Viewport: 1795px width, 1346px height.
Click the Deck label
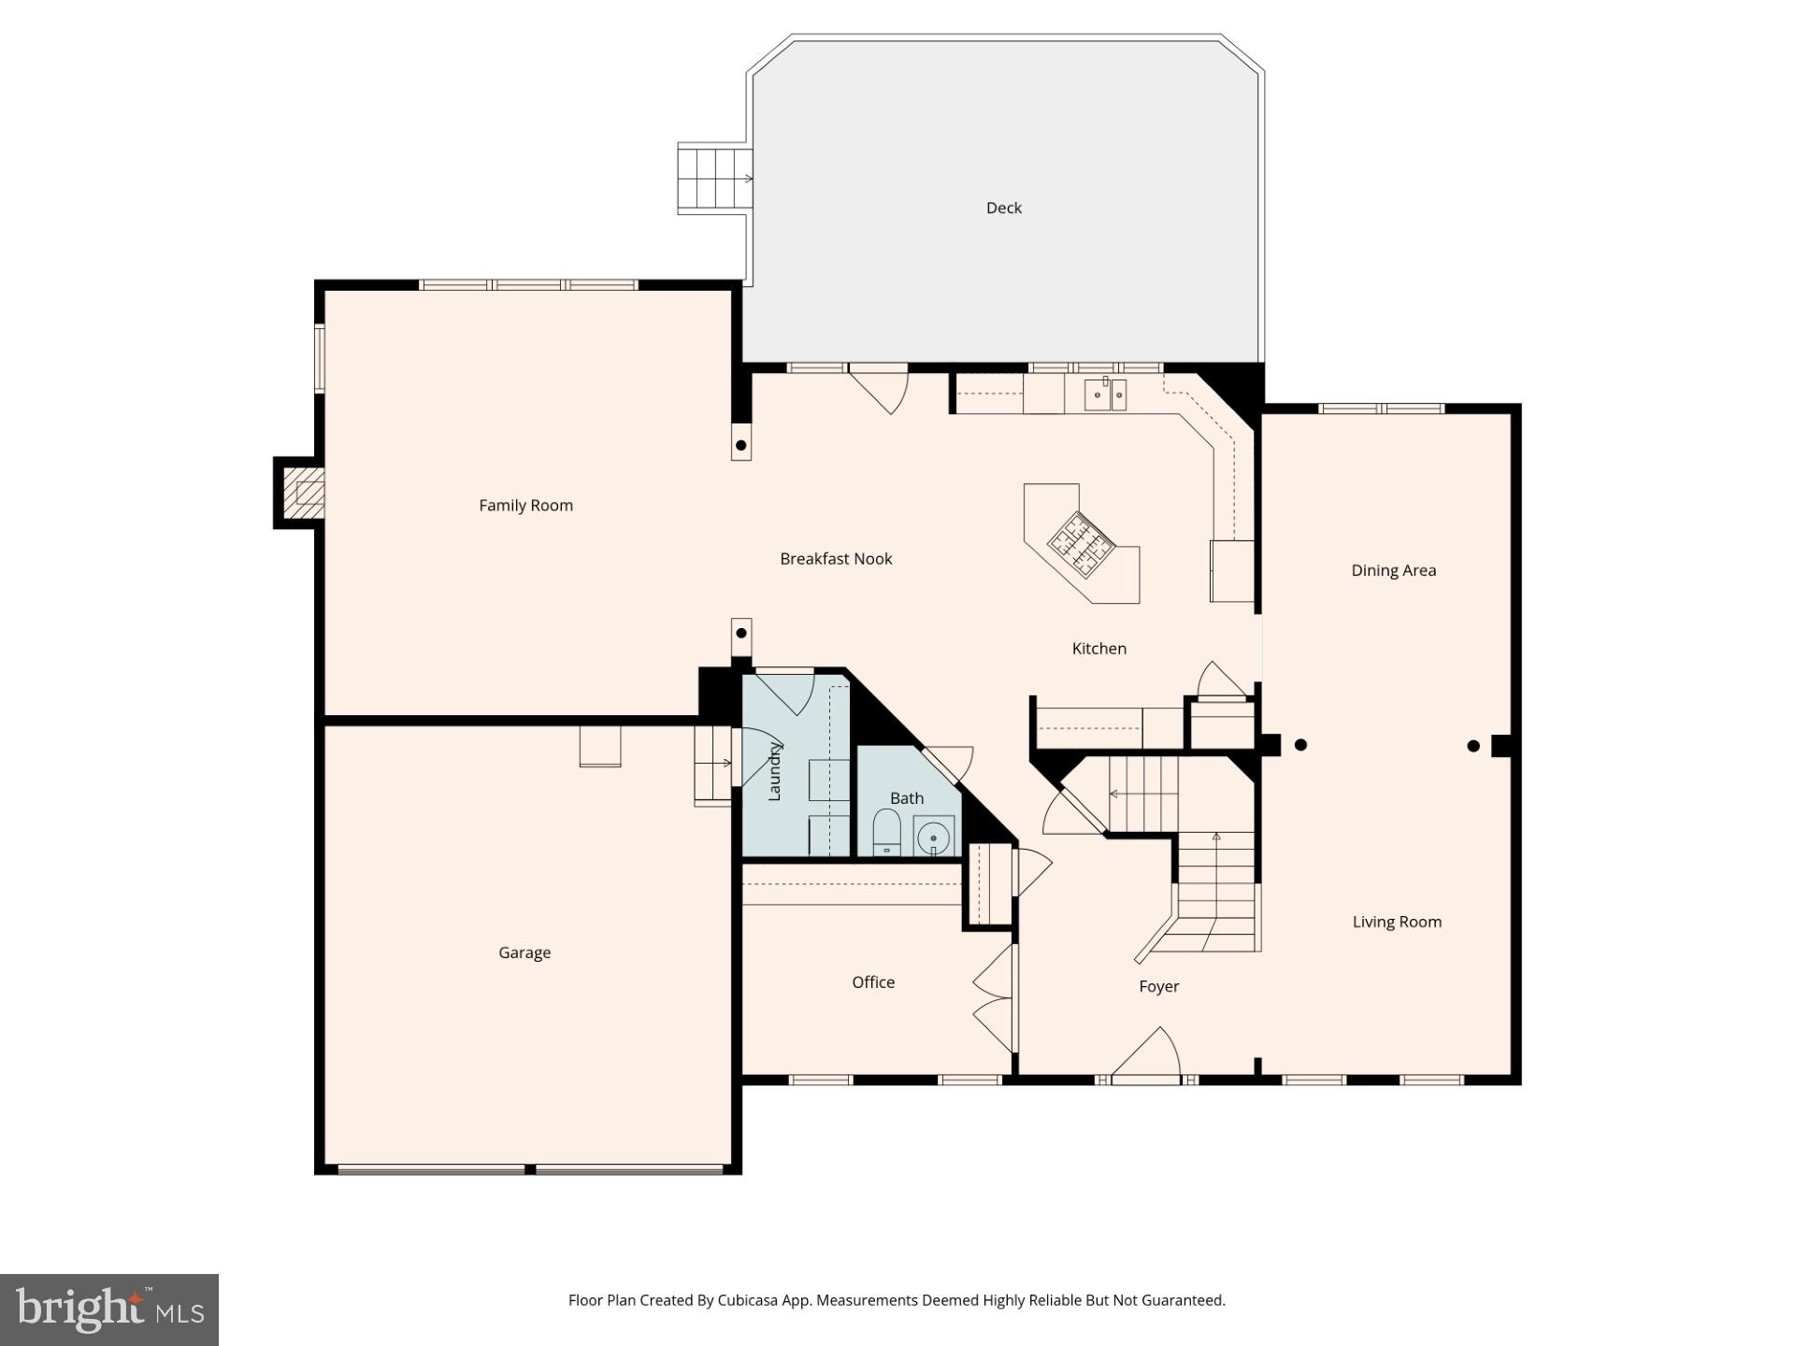1004,208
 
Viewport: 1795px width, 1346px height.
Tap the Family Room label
525,506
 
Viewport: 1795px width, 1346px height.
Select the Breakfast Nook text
836,559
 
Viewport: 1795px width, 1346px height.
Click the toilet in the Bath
886,832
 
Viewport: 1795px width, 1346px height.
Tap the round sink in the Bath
934,838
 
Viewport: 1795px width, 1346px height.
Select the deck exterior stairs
714,179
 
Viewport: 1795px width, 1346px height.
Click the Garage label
524,952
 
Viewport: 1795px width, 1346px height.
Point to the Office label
873,982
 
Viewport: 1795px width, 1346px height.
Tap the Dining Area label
1393,570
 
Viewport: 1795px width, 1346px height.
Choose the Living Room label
1397,922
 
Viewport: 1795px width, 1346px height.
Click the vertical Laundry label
774,771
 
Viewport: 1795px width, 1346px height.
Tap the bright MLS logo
109,1310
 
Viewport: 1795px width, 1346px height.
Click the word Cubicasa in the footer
750,1300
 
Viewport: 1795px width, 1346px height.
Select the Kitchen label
1099,649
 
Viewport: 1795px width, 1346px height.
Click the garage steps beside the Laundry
712,764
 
